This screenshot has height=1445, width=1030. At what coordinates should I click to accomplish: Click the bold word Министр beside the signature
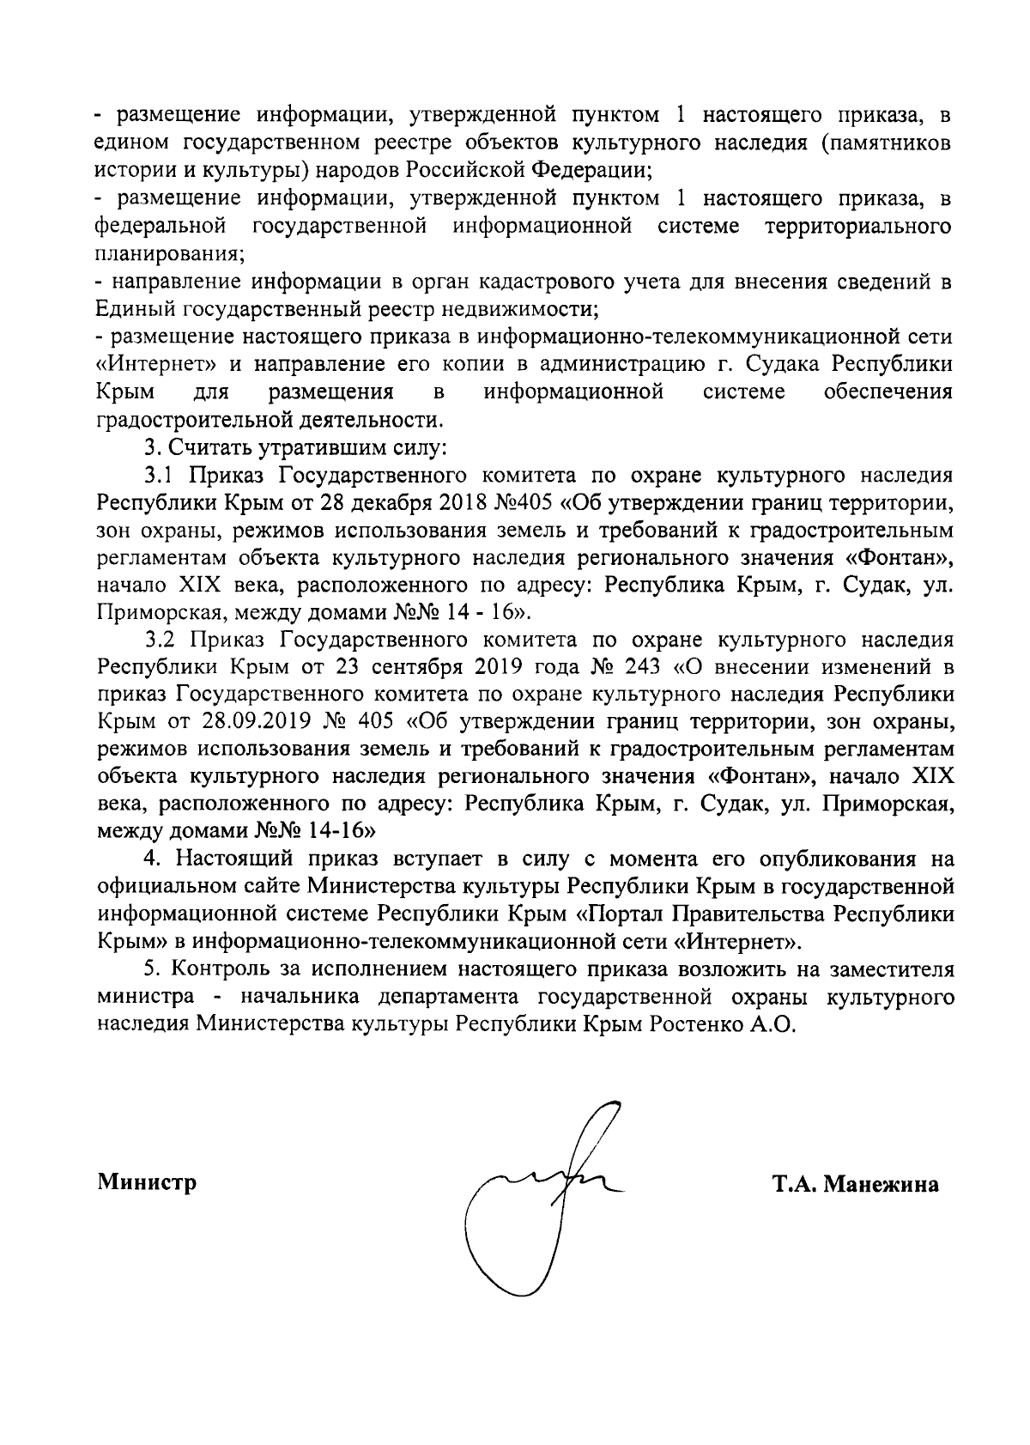146,1182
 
